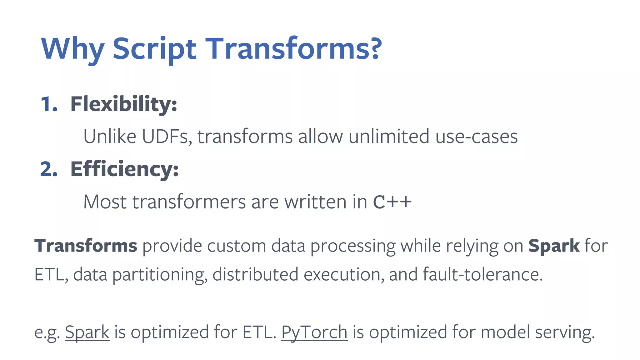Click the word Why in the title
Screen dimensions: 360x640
(72, 49)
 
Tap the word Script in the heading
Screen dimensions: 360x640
(154, 49)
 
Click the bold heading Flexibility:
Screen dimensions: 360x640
(124, 104)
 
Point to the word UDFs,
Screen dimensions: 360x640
(167, 137)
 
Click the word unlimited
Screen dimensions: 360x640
(389, 137)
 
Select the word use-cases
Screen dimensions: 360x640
(476, 137)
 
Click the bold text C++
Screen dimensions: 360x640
(392, 202)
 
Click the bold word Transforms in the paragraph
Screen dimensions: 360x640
(86, 246)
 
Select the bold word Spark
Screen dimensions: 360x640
(554, 246)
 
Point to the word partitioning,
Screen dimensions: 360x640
(160, 274)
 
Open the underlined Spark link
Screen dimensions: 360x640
(87, 332)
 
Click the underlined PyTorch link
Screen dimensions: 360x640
(314, 332)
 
